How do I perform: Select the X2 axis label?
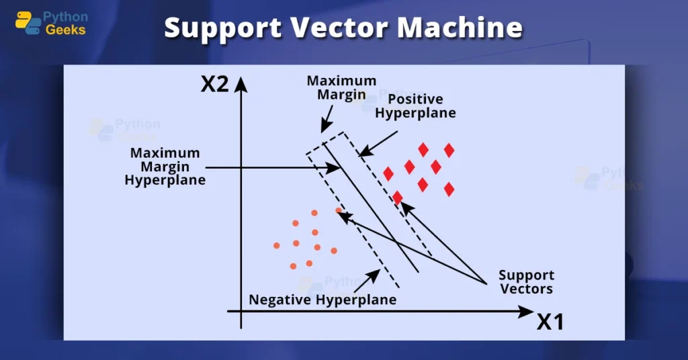[x=215, y=84]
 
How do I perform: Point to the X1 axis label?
[x=550, y=322]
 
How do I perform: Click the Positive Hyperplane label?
[x=415, y=106]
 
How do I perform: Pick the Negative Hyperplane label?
[x=322, y=300]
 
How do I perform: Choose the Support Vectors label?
[x=526, y=282]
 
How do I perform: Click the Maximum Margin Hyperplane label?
[x=165, y=167]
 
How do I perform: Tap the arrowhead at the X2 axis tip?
[x=241, y=82]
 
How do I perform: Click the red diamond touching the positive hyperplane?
[x=398, y=197]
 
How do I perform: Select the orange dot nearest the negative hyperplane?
[x=339, y=211]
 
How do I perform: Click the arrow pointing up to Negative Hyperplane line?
[x=369, y=278]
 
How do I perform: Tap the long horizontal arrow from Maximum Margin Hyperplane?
[x=269, y=167]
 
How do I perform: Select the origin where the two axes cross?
[x=241, y=311]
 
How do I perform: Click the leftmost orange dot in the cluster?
[x=276, y=246]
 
